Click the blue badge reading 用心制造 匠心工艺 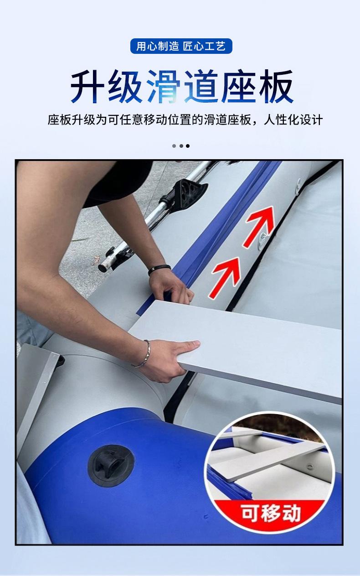tap(181, 47)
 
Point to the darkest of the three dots tap(188, 146)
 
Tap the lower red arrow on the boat tap(226, 276)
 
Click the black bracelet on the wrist tap(159, 270)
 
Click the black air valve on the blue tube tap(111, 465)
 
